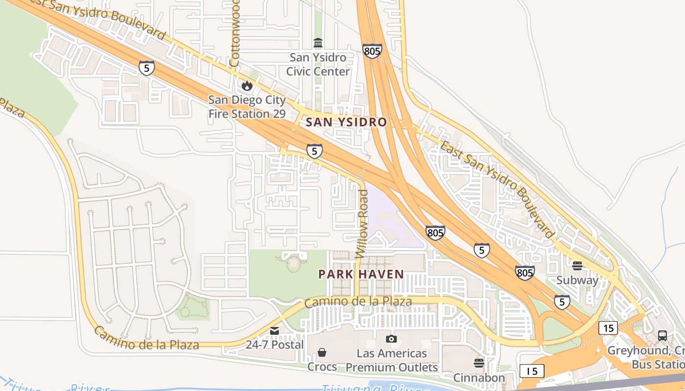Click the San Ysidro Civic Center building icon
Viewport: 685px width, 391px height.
[x=318, y=43]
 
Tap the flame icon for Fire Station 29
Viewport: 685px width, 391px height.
[x=247, y=86]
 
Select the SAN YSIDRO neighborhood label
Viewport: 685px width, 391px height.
[x=346, y=122]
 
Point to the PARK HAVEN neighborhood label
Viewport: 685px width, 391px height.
[x=361, y=274]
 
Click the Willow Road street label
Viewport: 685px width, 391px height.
[x=362, y=224]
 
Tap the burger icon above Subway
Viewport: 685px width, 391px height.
[x=577, y=266]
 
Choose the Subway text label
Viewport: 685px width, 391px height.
[x=577, y=281]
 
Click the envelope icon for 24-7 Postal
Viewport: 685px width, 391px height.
[x=274, y=331]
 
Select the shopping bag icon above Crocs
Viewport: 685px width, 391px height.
[x=322, y=352]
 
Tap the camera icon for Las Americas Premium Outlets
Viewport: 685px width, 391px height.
[x=391, y=339]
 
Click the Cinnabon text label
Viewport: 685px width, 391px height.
[x=479, y=378]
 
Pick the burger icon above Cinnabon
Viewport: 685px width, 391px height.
[x=479, y=363]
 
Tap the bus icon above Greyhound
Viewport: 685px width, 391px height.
[x=662, y=336]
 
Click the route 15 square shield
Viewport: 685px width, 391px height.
[x=608, y=328]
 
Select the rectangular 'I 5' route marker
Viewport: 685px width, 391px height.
[x=532, y=371]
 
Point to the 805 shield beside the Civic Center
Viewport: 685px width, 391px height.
[x=372, y=51]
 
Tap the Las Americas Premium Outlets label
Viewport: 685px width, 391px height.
[x=391, y=360]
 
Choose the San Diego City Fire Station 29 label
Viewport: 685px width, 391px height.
[x=247, y=107]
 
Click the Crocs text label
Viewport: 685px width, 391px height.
[x=322, y=367]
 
